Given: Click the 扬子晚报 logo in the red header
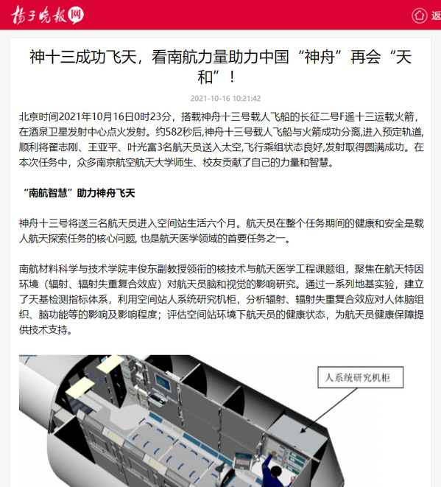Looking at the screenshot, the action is (47, 15).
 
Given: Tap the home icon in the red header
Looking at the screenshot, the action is (419, 15).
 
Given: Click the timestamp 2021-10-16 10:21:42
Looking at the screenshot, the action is (225, 99).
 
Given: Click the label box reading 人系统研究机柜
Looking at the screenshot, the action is (361, 377).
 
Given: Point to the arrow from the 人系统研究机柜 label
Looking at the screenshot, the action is (328, 410).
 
